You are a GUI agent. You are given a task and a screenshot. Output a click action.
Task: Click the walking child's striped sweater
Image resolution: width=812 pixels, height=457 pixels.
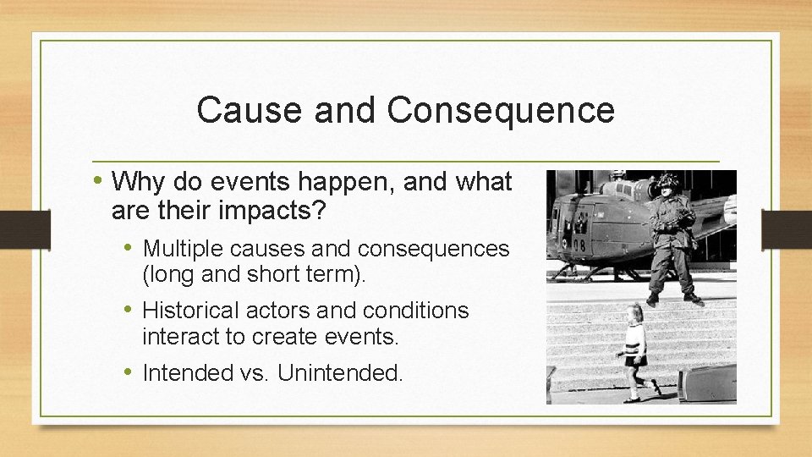point(634,339)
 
